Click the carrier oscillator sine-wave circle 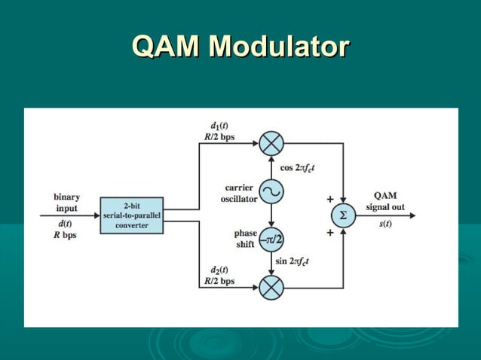(271, 192)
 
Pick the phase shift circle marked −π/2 (271, 239)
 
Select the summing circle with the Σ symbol (343, 215)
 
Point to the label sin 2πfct (299, 261)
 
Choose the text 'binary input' (66, 203)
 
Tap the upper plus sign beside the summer (329, 200)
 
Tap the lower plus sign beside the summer (329, 233)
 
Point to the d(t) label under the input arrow (66, 224)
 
